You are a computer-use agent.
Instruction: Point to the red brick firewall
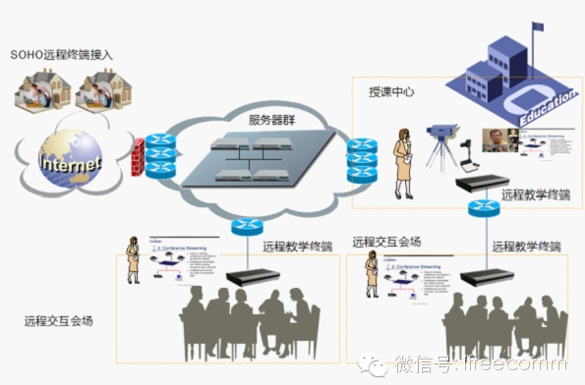137,157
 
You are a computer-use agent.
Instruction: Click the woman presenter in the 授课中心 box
401,162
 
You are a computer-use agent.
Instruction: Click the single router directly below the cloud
244,225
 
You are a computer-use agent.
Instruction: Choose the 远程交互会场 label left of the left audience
59,321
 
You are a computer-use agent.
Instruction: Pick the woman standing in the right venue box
374,272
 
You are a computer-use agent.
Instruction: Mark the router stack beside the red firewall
159,154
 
